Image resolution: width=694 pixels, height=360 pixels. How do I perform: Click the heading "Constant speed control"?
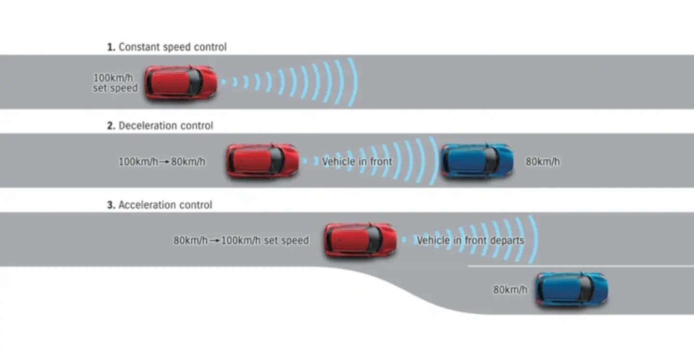pyautogui.click(x=172, y=47)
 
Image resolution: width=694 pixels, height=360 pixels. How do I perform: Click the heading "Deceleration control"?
pyautogui.click(x=165, y=126)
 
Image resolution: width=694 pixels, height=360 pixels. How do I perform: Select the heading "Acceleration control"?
pyautogui.click(x=165, y=205)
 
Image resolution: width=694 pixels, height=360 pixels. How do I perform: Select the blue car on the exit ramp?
pyautogui.click(x=572, y=289)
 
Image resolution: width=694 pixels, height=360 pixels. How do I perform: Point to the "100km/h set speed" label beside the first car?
pyautogui.click(x=116, y=83)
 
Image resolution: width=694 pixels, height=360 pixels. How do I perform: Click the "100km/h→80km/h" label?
pyautogui.click(x=162, y=161)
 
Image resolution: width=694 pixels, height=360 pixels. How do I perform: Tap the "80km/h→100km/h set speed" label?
pyautogui.click(x=241, y=240)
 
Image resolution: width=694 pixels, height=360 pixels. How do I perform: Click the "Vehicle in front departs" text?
pyautogui.click(x=470, y=240)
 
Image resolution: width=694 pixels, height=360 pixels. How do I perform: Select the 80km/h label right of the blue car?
pyautogui.click(x=543, y=161)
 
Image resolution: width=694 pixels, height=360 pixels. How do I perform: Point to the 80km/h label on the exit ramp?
pyautogui.click(x=510, y=290)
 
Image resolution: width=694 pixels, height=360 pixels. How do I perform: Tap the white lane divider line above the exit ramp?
pyautogui.click(x=578, y=266)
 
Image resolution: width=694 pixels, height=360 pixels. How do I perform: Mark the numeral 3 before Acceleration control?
pyautogui.click(x=110, y=205)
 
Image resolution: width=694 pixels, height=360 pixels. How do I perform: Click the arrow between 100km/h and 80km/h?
pyautogui.click(x=164, y=162)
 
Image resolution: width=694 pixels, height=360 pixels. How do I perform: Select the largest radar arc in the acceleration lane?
pyautogui.click(x=534, y=240)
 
